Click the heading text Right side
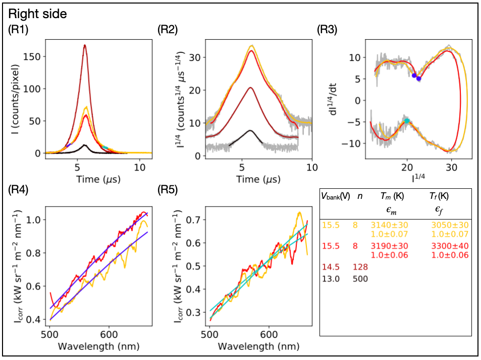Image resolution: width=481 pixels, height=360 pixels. tap(38, 15)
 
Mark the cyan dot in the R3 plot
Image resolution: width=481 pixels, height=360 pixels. tap(407, 121)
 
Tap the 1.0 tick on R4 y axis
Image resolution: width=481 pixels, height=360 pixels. tap(36, 220)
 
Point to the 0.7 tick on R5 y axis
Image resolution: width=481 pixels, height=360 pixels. tap(195, 220)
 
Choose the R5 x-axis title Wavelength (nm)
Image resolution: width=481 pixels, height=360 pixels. tap(256, 346)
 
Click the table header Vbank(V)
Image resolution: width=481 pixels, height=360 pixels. tap(336, 196)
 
